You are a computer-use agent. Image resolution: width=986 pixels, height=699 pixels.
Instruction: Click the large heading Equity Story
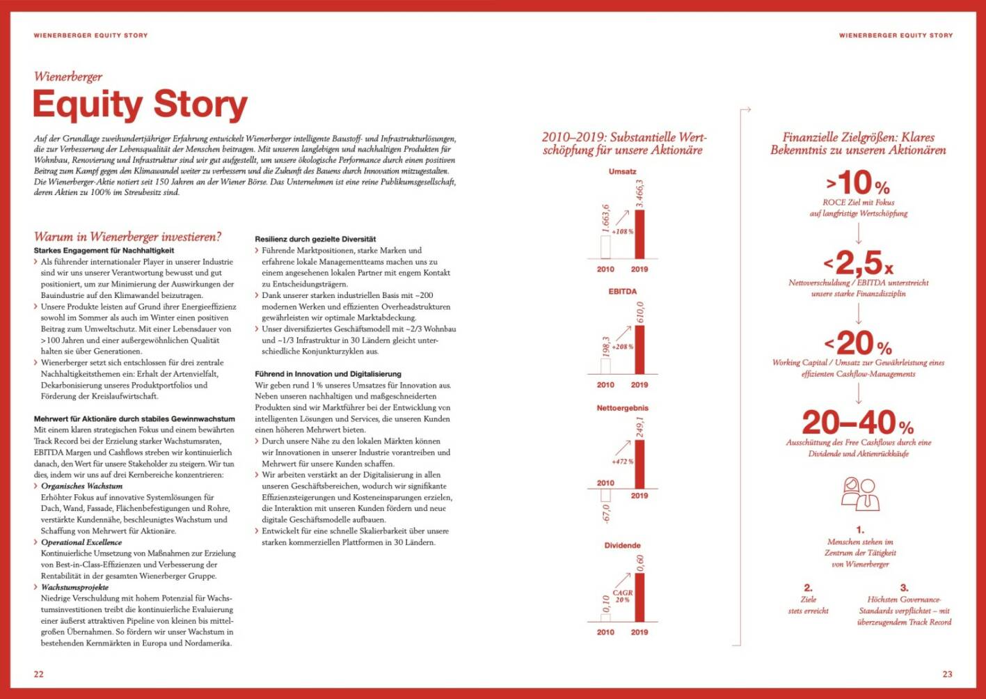pyautogui.click(x=140, y=104)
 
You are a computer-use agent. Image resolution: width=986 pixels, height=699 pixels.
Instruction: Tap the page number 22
pyautogui.click(x=39, y=673)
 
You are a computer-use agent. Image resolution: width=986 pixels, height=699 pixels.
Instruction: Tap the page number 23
pyautogui.click(x=947, y=673)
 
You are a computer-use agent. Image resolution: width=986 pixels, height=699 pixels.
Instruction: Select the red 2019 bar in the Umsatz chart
pyautogui.click(x=639, y=234)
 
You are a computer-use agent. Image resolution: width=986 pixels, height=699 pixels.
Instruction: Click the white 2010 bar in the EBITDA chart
pyautogui.click(x=605, y=366)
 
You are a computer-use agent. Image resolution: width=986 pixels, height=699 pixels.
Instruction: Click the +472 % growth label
pyautogui.click(x=622, y=462)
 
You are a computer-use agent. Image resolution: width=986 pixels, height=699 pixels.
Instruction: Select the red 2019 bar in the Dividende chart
pyautogui.click(x=639, y=597)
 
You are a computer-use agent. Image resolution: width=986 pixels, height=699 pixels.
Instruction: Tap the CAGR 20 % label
pyautogui.click(x=622, y=596)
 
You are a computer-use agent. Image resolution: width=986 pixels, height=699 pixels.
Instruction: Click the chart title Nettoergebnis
pyautogui.click(x=622, y=408)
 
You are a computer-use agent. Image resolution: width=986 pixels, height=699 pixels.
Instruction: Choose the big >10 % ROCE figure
pyautogui.click(x=858, y=184)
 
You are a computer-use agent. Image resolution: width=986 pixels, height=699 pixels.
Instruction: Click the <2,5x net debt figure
pyautogui.click(x=858, y=263)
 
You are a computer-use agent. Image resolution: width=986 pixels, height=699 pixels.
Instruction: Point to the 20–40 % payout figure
pyautogui.click(x=858, y=423)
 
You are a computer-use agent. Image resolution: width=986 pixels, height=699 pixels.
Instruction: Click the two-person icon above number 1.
pyautogui.click(x=860, y=494)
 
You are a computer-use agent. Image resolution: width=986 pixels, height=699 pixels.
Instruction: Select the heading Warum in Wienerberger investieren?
pyautogui.click(x=127, y=237)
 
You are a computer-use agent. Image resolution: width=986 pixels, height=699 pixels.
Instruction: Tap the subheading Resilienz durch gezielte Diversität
pyautogui.click(x=315, y=239)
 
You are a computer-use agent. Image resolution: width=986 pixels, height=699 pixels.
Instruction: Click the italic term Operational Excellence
pyautogui.click(x=81, y=542)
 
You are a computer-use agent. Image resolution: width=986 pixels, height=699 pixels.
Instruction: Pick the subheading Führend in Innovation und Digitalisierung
pyautogui.click(x=328, y=374)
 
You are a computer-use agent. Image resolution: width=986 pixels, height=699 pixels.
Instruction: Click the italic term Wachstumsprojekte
pyautogui.click(x=74, y=587)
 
